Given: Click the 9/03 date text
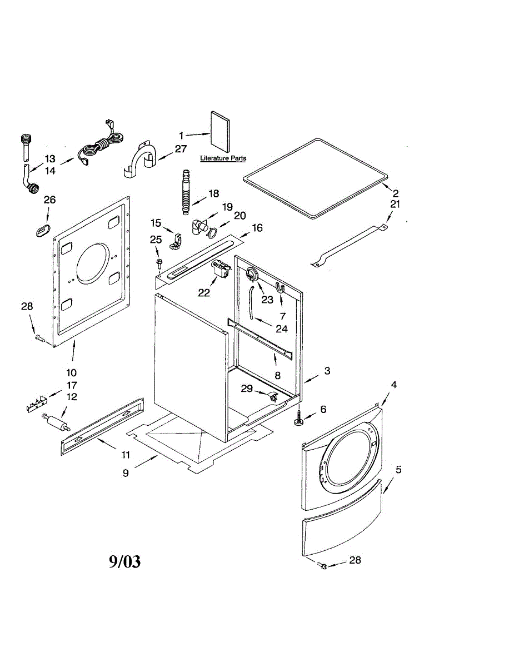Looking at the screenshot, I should coord(124,562).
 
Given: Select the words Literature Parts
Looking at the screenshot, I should coord(223,158).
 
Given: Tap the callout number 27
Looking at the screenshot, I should coord(181,149).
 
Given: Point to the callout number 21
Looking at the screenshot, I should coord(395,204).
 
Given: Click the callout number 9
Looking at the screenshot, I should coord(126,473).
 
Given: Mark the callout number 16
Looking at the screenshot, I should coord(257,228).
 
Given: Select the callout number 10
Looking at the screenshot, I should coord(72,372).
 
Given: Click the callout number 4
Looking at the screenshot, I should coord(393,384).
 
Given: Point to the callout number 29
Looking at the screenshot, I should coord(247,389).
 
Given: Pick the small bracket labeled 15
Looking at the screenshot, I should coord(177,240).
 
